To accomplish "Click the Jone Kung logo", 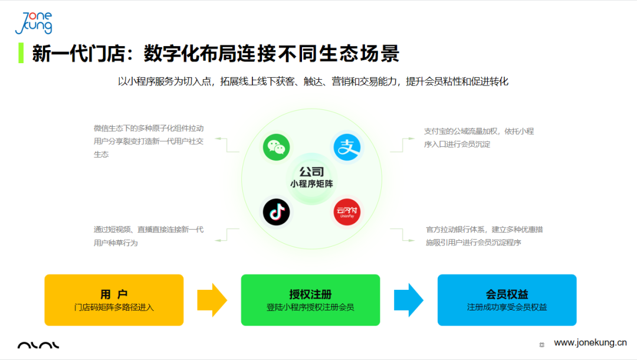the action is pos(34,23).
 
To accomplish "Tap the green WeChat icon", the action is pos(276,147).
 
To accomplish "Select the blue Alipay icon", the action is pos(347,147).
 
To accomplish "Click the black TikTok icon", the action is pos(276,212).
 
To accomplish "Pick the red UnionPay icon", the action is pos(347,212).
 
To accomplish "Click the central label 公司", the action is pos(311,172).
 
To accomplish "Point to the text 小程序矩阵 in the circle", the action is pos(311,184).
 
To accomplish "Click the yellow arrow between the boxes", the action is pos(212,300).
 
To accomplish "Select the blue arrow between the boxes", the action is pos(408,300).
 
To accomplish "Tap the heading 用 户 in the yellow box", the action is pos(114,294).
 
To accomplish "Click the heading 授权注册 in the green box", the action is pos(310,294).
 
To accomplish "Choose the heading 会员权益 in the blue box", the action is pos(507,294).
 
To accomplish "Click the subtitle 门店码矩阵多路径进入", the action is pos(114,307).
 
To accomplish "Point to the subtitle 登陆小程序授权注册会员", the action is pos(310,307).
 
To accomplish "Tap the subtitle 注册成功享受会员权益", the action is pos(507,307).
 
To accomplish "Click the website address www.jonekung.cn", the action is pos(590,342).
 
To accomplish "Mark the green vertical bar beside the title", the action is pos(21,53).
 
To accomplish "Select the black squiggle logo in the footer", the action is pos(38,345).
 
